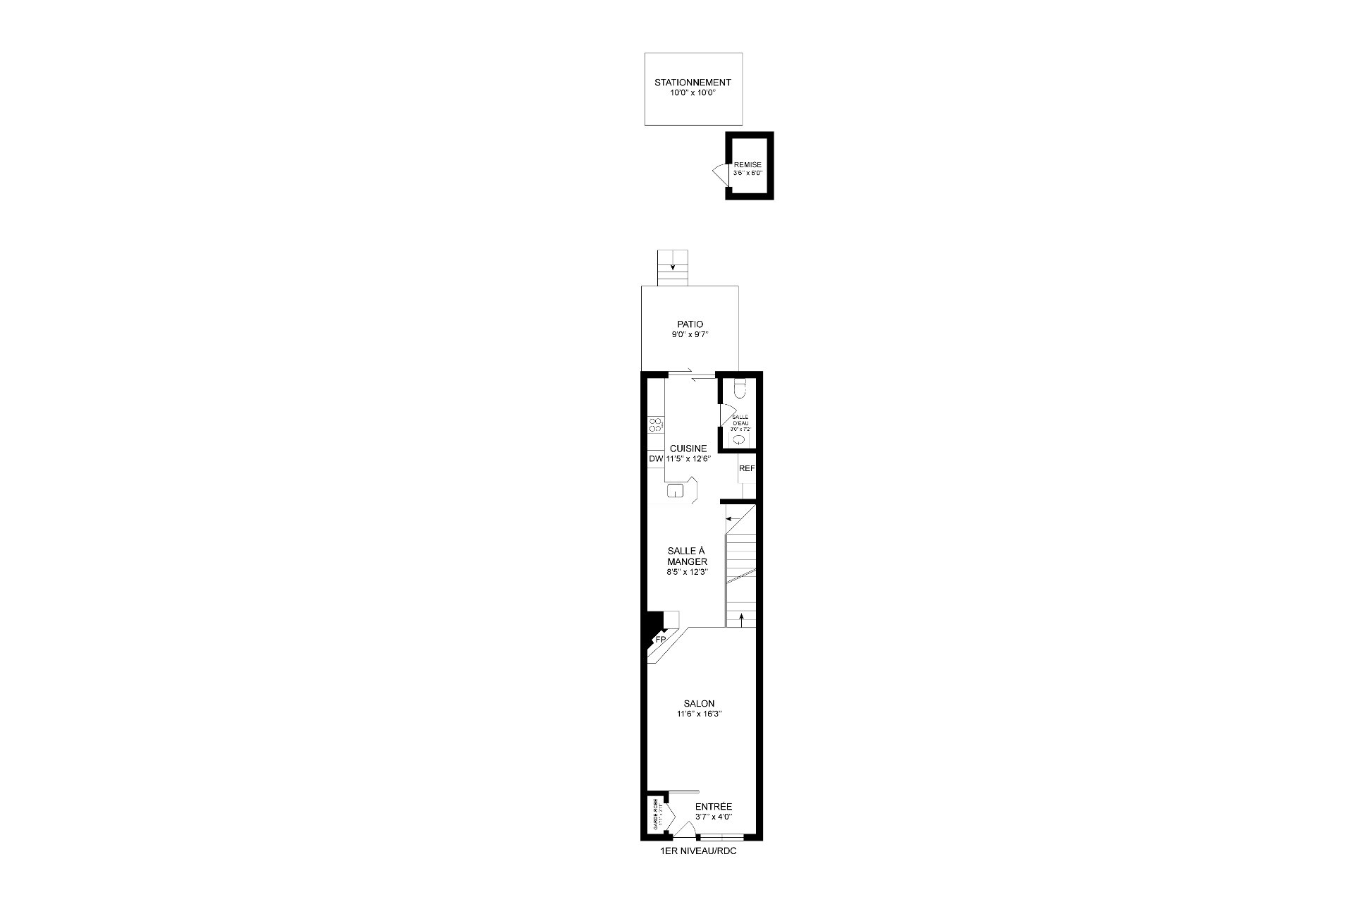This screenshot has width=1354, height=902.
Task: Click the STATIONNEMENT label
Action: (x=693, y=83)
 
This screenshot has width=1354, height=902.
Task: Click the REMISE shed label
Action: (x=748, y=165)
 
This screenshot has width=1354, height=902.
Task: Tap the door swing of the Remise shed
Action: (x=720, y=173)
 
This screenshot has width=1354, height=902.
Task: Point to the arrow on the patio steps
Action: (x=673, y=267)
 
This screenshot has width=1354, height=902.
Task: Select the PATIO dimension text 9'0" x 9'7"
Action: (x=690, y=335)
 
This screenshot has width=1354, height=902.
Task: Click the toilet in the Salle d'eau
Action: (x=739, y=389)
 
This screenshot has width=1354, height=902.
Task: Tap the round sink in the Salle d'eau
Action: (x=738, y=439)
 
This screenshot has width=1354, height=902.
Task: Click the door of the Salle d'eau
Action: (x=726, y=416)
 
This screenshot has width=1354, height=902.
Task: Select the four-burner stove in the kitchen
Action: (x=162, y=425)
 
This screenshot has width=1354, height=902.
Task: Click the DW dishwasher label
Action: (x=162, y=458)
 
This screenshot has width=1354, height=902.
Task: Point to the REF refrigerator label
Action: (x=747, y=468)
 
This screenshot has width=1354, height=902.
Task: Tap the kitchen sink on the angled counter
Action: (x=182, y=491)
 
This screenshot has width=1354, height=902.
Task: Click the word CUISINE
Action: (x=688, y=449)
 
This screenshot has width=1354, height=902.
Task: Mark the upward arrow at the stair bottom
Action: (x=741, y=618)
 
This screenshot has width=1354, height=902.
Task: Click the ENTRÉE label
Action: (x=714, y=807)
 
